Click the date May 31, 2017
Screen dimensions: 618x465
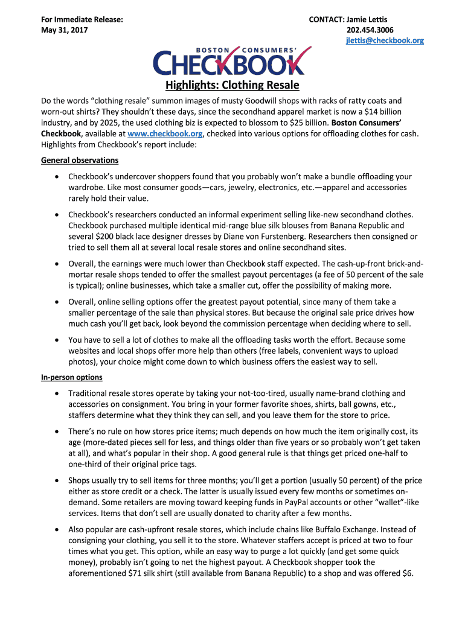64,30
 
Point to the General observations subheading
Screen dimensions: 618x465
80,161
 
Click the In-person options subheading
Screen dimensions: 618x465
71,377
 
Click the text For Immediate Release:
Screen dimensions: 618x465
82,19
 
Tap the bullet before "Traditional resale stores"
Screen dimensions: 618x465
56,393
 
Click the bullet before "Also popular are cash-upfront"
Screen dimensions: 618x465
56,530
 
